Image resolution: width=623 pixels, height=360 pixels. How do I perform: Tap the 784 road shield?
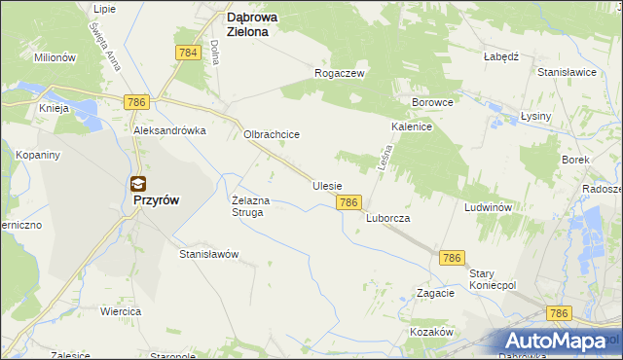pos(189,53)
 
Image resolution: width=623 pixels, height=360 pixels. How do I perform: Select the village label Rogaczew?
pos(339,73)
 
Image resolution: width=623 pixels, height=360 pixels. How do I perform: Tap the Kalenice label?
pos(412,127)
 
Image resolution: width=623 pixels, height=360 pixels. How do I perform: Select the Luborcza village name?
pos(387,219)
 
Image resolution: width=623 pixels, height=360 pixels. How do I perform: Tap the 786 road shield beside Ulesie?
pos(350,202)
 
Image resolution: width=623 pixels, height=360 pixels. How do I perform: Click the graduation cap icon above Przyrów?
pos(139,183)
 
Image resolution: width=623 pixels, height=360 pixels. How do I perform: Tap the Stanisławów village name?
pos(208,254)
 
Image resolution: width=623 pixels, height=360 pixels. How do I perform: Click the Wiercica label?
pos(121,311)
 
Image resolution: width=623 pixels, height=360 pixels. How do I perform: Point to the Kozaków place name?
pos(432,332)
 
